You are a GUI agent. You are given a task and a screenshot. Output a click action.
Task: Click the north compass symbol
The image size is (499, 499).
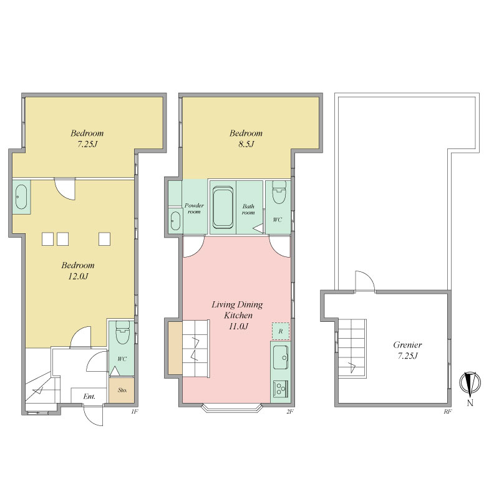(x=470, y=382)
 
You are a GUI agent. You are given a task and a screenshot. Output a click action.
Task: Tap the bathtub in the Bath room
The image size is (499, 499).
(x=223, y=208)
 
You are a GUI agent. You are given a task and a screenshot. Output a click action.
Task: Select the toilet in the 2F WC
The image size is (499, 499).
(x=279, y=192)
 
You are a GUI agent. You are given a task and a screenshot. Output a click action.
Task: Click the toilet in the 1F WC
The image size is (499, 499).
(x=122, y=332)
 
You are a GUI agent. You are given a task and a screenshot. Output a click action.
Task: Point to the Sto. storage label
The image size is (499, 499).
(x=122, y=390)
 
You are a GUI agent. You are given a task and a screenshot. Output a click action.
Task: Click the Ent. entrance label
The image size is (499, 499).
(x=89, y=397)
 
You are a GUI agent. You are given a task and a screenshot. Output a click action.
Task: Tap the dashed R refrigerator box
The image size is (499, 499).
(x=280, y=331)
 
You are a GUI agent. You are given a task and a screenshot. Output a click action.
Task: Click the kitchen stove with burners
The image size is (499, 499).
(x=280, y=389)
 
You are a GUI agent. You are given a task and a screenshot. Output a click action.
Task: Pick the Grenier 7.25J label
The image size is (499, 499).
(x=407, y=350)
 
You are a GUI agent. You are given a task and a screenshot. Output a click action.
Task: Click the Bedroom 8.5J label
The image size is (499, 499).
(x=246, y=138)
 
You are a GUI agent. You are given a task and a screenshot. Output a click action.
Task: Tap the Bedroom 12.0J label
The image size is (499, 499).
(x=78, y=271)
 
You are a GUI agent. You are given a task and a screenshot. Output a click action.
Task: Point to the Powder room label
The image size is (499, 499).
(x=194, y=208)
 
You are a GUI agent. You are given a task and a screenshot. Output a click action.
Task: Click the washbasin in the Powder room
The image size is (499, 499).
(x=175, y=221)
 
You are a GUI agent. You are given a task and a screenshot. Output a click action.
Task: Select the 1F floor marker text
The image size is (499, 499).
(x=135, y=412)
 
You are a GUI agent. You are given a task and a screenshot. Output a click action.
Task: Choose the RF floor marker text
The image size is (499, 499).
(x=448, y=412)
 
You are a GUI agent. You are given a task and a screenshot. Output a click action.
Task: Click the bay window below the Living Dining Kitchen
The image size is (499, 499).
(x=233, y=408)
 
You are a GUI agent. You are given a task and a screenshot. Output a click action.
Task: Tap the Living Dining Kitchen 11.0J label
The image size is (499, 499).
(x=238, y=316)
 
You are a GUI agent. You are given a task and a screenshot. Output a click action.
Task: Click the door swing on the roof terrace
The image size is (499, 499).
(x=366, y=281)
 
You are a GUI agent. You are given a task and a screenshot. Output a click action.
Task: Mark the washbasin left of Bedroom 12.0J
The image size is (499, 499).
(x=21, y=197)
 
